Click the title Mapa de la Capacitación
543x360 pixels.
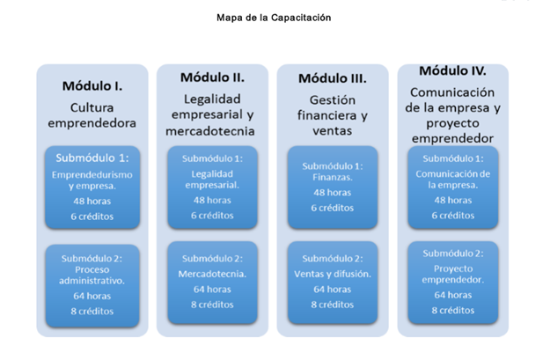(x=274, y=18)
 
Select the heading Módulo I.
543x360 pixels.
(x=92, y=86)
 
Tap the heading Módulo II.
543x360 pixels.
(x=212, y=77)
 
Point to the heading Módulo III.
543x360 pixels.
(x=333, y=78)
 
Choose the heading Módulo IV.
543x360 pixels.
(x=452, y=70)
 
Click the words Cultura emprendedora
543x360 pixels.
(x=92, y=115)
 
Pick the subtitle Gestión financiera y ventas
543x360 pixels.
(x=333, y=115)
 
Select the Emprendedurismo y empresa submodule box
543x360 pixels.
(x=92, y=187)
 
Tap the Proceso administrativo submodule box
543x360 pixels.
(x=92, y=286)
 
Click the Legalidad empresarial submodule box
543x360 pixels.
(x=212, y=187)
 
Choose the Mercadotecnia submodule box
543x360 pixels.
(x=212, y=283)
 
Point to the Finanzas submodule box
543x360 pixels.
(x=333, y=187)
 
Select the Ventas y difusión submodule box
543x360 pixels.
(x=333, y=283)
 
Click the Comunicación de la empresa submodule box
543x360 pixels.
(x=453, y=187)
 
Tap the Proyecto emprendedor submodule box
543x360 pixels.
(x=453, y=283)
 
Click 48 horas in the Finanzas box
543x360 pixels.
(x=333, y=193)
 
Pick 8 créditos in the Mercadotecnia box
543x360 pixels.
(x=212, y=305)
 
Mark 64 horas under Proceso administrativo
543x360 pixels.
(x=92, y=297)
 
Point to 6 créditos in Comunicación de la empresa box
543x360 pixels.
(x=453, y=216)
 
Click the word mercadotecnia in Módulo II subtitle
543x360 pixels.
(x=210, y=131)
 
